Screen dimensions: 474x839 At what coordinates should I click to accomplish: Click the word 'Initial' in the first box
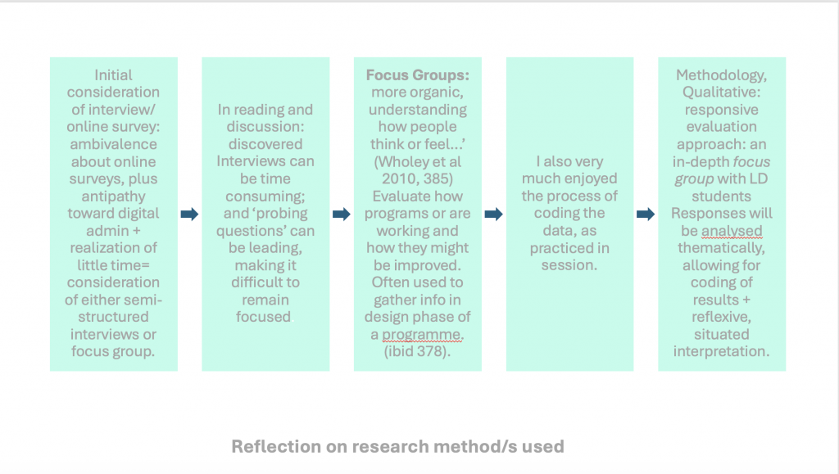tap(114, 74)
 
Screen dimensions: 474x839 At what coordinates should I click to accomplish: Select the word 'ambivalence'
tap(113, 143)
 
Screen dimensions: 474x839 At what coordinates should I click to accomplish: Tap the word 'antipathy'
tap(113, 196)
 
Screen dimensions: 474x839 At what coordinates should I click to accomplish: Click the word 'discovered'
tap(265, 143)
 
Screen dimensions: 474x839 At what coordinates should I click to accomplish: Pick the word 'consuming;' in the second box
tap(265, 196)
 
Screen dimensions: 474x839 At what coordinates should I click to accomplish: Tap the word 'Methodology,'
tap(722, 74)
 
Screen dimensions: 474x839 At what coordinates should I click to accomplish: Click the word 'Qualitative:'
tap(722, 92)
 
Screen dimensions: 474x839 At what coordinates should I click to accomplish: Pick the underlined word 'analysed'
tap(731, 230)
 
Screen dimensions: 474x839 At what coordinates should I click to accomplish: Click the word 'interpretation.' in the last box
tap(722, 351)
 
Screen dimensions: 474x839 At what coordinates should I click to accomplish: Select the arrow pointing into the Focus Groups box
tap(341, 214)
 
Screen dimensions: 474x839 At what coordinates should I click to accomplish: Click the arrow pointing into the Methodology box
tap(646, 214)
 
